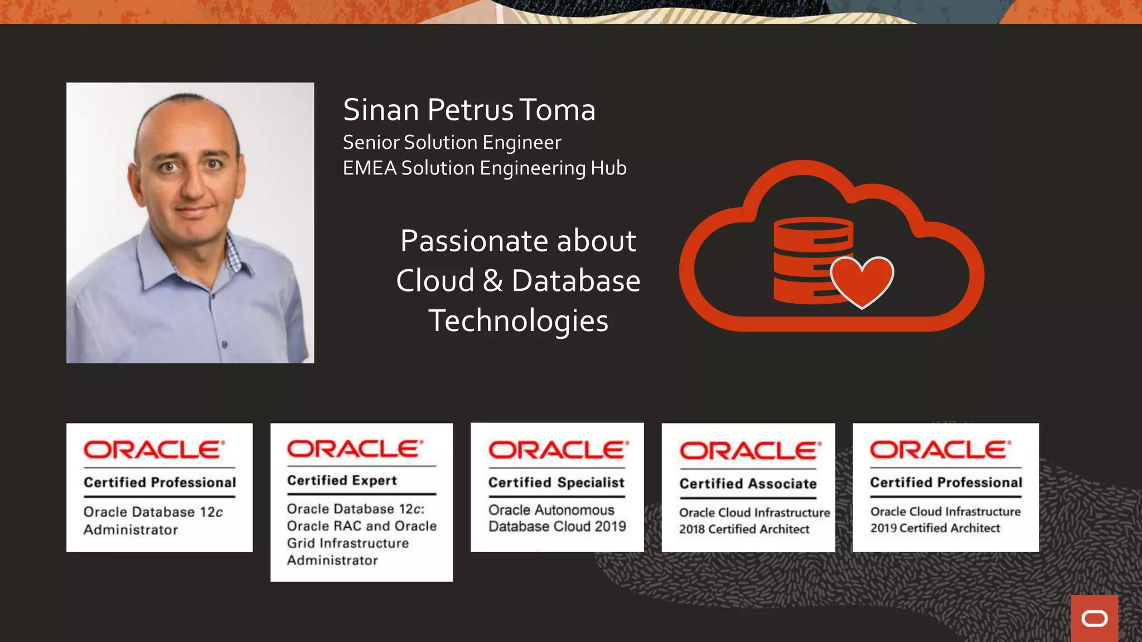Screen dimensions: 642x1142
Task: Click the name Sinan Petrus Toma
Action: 469,110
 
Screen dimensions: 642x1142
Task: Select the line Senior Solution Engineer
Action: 452,143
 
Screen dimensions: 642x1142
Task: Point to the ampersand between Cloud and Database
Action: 492,281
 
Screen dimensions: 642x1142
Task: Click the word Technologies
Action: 518,321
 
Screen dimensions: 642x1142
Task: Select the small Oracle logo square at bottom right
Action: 1094,618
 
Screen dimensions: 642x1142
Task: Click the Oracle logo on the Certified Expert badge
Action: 355,449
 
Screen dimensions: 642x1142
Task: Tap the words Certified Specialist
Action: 556,483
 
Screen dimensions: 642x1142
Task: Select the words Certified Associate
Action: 748,484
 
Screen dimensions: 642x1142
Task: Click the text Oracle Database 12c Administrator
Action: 152,521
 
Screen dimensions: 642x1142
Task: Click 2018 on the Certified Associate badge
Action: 692,529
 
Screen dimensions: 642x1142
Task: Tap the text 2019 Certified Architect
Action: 935,528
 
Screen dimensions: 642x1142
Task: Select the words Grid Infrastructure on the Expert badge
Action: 347,543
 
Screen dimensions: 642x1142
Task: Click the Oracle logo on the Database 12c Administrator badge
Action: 154,450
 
